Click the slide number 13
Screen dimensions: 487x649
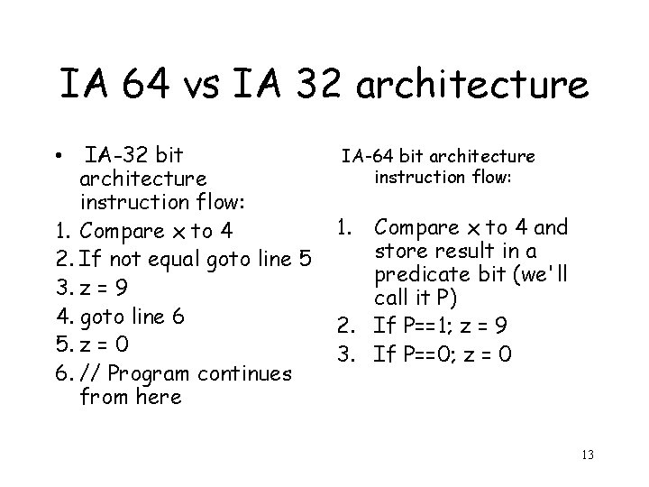pos(588,454)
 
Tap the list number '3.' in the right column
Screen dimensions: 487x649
pos(352,355)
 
